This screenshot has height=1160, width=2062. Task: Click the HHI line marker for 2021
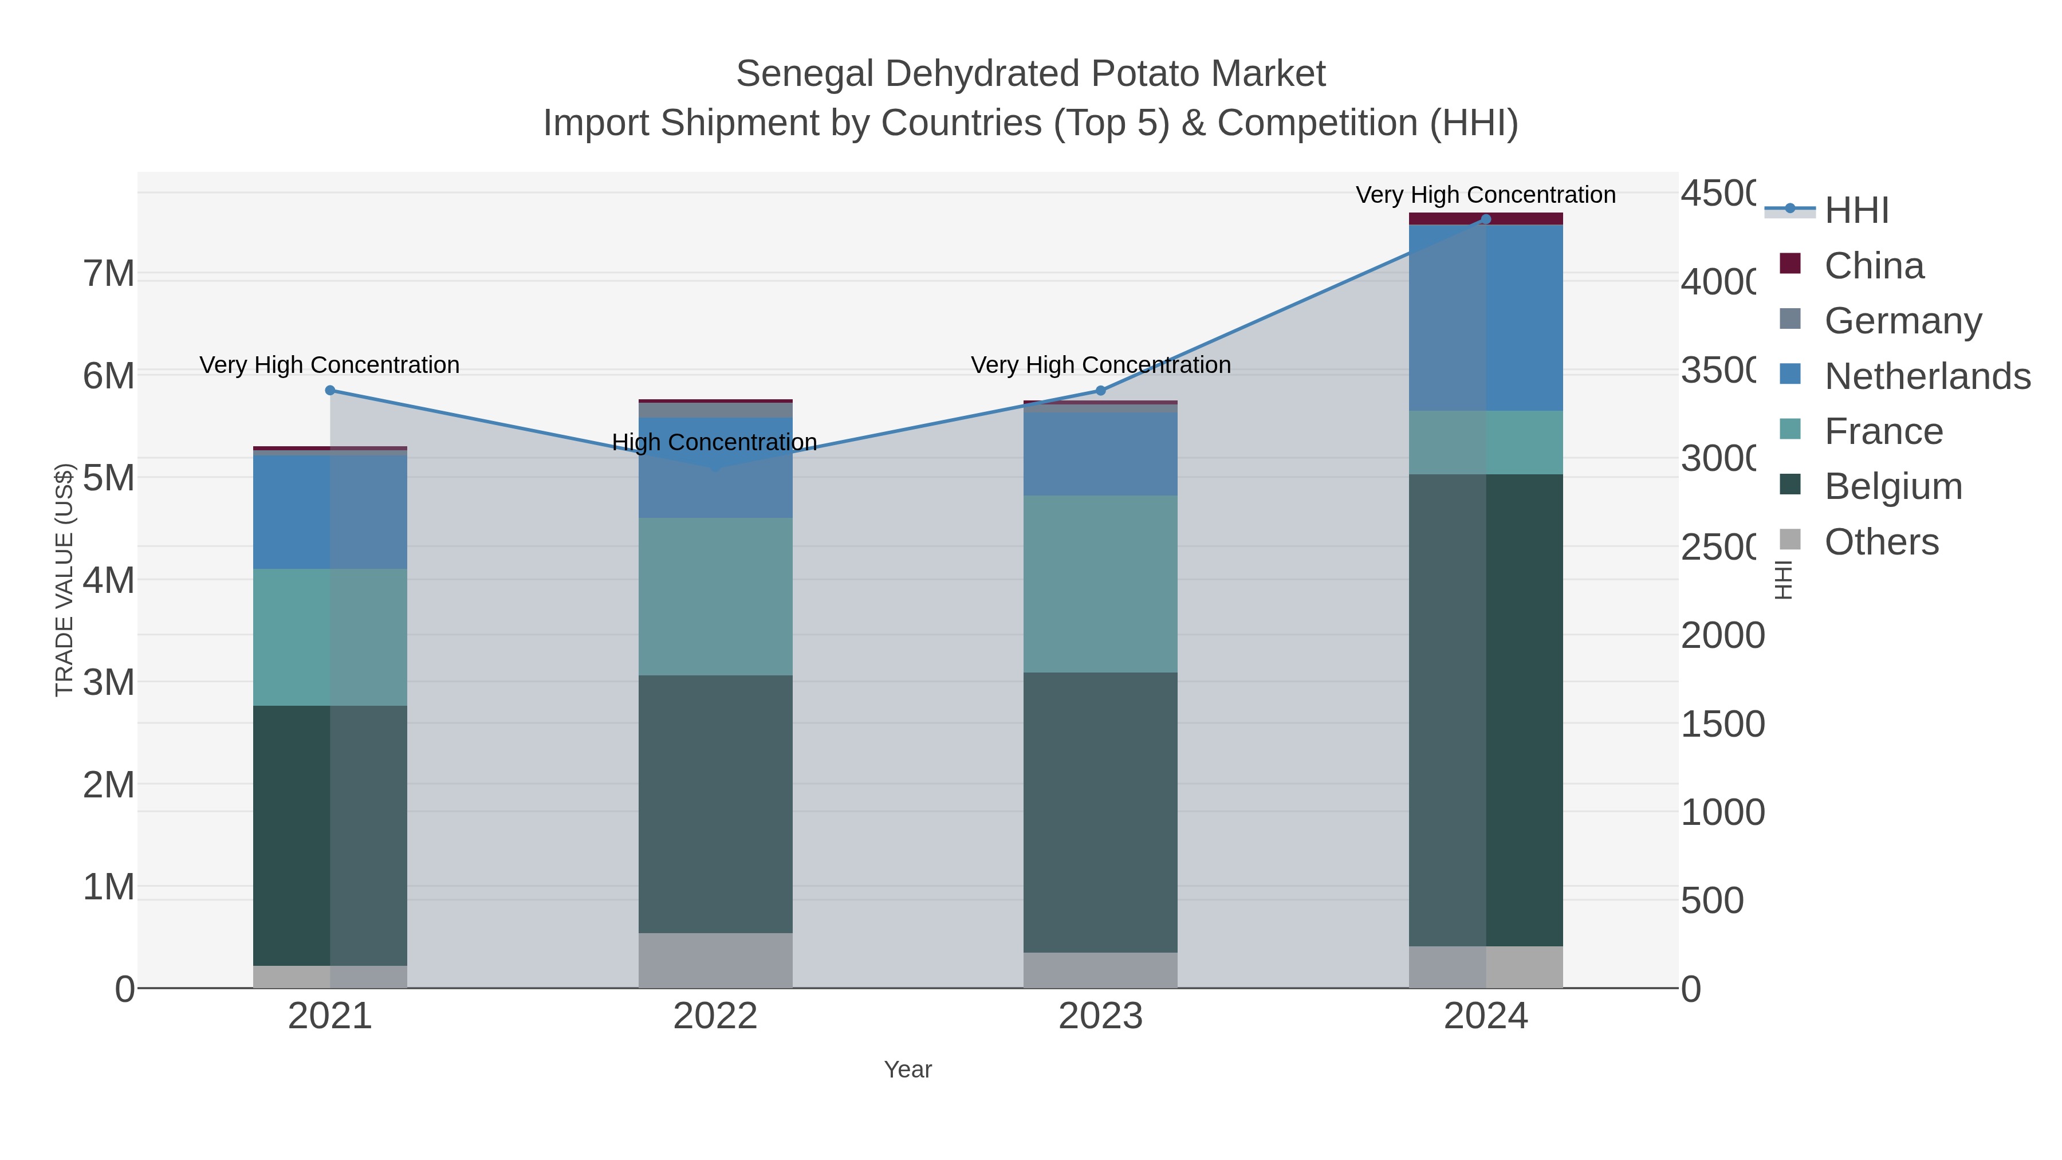click(x=330, y=391)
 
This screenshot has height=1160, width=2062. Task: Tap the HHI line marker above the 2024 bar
click(x=1486, y=219)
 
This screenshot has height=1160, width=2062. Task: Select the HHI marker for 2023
click(x=1100, y=391)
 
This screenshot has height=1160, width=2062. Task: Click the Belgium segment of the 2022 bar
click(x=715, y=803)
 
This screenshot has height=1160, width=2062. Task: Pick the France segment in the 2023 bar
click(x=1100, y=584)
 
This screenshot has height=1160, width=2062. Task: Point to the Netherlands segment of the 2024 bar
click(x=1486, y=318)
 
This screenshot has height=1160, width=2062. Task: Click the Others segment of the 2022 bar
click(x=715, y=960)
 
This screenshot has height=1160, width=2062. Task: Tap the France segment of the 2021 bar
click(x=330, y=637)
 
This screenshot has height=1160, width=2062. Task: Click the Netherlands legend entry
click(x=1927, y=376)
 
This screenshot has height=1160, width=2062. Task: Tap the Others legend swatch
click(x=1791, y=540)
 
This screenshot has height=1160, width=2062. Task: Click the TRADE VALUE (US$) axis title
click(x=64, y=580)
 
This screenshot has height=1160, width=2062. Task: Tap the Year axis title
click(x=908, y=1069)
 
